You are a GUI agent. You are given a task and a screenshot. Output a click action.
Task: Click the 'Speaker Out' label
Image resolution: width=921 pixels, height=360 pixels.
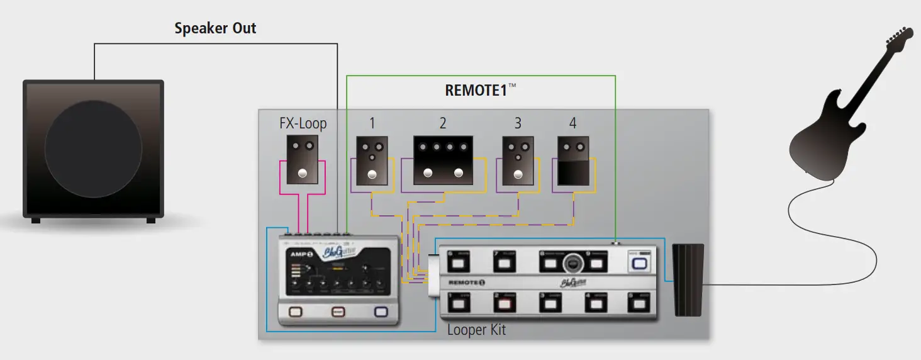point(215,28)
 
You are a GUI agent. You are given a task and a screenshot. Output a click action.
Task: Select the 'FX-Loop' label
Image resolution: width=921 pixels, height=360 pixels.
point(303,123)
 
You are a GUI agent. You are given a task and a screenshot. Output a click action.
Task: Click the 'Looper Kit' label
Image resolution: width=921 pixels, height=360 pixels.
point(476,329)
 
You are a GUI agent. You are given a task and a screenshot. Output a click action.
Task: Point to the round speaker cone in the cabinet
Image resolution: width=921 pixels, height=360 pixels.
point(93,149)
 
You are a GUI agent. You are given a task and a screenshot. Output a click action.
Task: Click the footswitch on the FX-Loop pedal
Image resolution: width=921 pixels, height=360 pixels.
point(303,174)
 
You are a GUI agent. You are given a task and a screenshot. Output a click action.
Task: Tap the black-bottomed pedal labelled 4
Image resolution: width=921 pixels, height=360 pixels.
point(573,162)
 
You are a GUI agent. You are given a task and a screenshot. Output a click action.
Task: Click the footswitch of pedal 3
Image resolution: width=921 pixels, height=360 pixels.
point(518,175)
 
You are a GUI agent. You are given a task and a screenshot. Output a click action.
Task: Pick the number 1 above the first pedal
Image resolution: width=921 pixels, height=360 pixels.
point(372,123)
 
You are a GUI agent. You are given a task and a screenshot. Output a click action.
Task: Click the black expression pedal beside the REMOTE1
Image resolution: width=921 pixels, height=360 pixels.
point(688,279)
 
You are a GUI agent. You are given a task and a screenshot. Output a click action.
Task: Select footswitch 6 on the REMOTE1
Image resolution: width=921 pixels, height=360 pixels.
point(458,262)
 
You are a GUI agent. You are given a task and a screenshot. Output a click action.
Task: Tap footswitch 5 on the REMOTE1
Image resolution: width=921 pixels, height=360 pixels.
point(639,305)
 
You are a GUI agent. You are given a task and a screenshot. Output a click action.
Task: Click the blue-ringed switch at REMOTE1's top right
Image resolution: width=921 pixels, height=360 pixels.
point(639,263)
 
